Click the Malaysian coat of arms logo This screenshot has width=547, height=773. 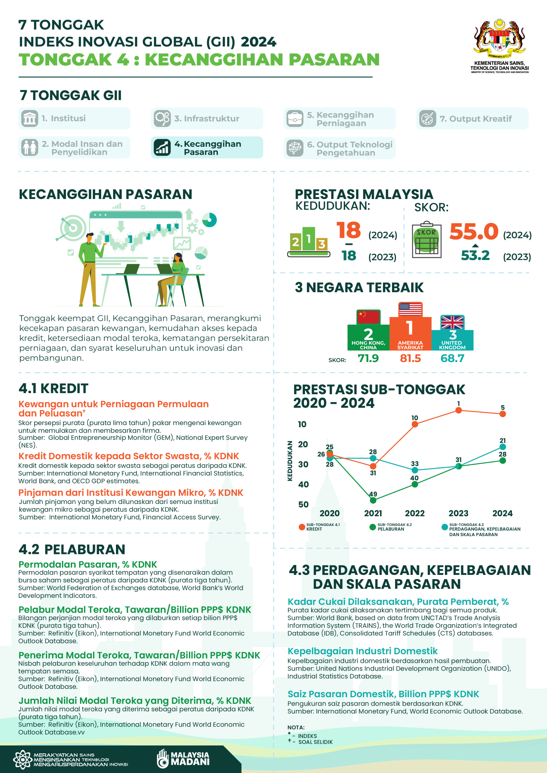pos(500,38)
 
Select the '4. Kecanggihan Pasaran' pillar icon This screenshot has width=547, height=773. pos(162,147)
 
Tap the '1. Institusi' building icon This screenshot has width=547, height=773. pos(30,118)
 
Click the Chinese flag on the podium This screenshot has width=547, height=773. pos(368,317)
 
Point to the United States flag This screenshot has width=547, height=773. pos(410,310)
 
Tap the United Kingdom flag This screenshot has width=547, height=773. pos(452,322)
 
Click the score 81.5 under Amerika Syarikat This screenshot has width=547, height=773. pos(410,358)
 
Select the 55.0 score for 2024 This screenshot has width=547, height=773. pos(474,232)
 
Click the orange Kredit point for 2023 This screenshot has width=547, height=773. pos(458,410)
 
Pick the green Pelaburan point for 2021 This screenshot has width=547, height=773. pos(373,500)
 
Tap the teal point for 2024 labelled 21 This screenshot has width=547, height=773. pos(502,447)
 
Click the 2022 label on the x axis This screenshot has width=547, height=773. pos(415,513)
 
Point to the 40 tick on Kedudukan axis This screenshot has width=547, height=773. pos(303,484)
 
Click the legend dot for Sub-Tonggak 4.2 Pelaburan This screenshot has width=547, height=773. pos(372,527)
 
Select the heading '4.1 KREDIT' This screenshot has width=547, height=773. pos(53,388)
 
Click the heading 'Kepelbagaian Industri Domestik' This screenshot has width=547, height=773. pos(362,651)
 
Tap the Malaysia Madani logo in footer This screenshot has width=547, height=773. pos(183,759)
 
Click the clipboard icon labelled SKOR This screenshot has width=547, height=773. pos(426,239)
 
